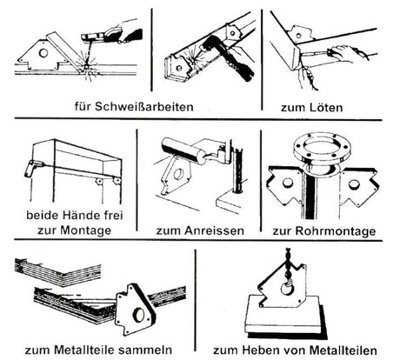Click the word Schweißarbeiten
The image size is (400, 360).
tap(144, 106)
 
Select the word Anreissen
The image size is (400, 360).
tap(214, 230)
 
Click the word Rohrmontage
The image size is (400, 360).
tap(335, 231)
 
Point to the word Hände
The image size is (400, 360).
tap(80, 216)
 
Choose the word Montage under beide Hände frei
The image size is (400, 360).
tap(86, 230)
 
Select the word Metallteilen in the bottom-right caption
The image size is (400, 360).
tap(343, 350)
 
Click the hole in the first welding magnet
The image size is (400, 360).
tap(43, 53)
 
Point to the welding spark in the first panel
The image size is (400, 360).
tap(86, 67)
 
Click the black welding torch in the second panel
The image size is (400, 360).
tap(230, 58)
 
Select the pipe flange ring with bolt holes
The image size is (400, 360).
tap(322, 149)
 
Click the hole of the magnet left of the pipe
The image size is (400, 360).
tap(288, 183)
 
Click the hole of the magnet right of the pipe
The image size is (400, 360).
tap(353, 184)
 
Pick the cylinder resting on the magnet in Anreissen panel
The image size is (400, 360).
tap(183, 150)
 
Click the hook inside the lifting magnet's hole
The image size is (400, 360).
tap(288, 287)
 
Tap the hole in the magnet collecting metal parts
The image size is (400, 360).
tap(138, 314)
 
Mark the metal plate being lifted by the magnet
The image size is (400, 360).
tap(285, 317)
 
